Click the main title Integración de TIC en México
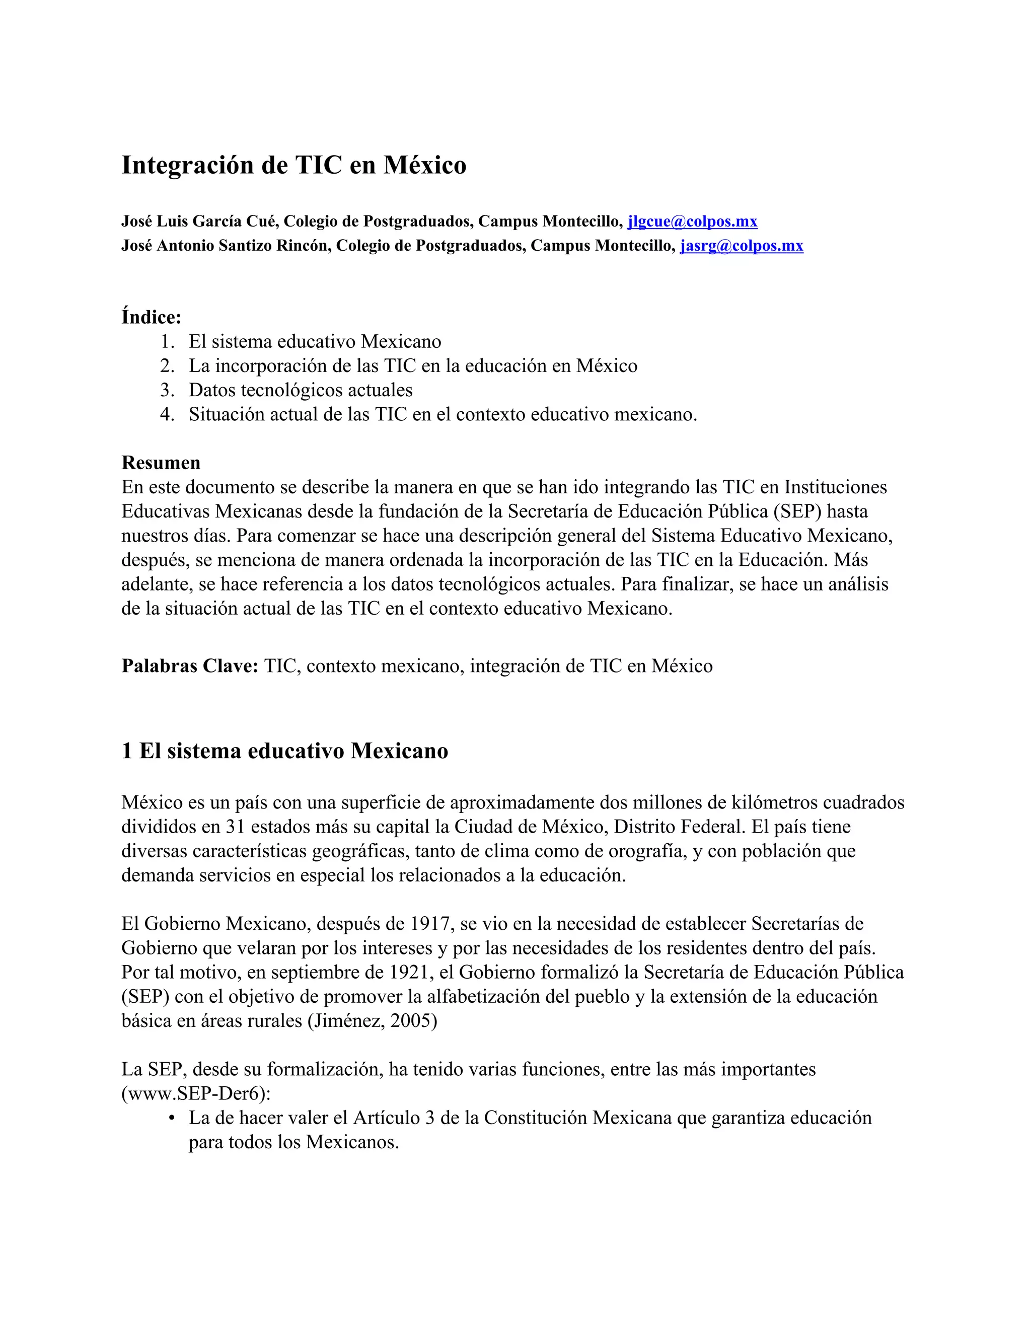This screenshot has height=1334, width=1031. coord(294,165)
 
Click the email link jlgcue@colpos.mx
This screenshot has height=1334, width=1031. coord(692,221)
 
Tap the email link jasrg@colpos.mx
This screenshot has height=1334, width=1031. coord(742,246)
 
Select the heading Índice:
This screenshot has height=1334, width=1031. coord(152,317)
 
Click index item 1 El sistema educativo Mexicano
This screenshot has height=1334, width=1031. coord(315,341)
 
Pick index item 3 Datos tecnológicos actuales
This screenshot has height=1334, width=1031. coord(301,390)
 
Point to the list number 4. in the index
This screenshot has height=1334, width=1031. coord(167,414)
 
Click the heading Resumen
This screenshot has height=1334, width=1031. coord(161,463)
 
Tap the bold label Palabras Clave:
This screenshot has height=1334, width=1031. coord(190,666)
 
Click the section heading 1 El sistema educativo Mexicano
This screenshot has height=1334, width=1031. coord(284,751)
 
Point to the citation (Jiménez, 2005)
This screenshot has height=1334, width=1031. coord(373,1021)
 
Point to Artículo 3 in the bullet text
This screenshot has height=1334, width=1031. coord(393,1119)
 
